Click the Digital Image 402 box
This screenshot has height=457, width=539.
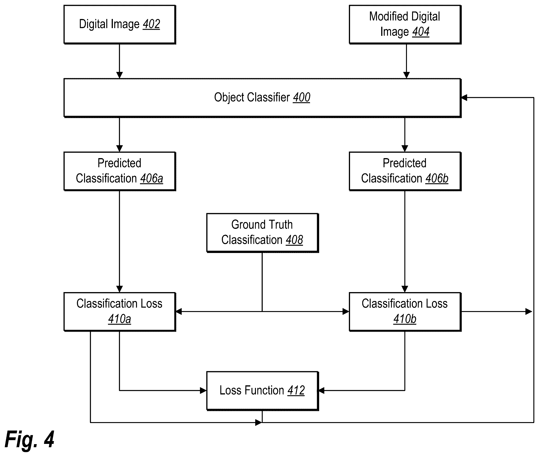pos(120,24)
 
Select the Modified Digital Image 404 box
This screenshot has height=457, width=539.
pos(405,24)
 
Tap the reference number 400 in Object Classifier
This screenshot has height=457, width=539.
pos(302,98)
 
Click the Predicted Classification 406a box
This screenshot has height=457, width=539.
pos(120,171)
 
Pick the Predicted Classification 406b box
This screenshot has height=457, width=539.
pos(405,171)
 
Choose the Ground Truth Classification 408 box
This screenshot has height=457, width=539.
pos(262,233)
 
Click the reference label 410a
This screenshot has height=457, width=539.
pos(120,319)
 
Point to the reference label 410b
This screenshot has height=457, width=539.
pos(405,319)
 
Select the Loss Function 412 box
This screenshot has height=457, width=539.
pos(262,391)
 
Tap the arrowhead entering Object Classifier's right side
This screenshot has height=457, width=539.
pos(464,98)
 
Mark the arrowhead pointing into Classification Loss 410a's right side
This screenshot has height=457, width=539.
pos(179,311)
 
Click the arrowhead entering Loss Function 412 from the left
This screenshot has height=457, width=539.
pos(203,391)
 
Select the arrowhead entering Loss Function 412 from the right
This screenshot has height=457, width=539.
pos(322,391)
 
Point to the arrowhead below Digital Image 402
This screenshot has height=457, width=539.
pos(119,75)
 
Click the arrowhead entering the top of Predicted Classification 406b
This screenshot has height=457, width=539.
pos(405,149)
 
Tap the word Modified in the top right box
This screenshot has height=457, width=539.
pos(388,17)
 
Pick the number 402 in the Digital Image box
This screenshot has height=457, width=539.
pos(151,24)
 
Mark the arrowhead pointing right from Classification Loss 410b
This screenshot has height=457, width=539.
pos(529,311)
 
